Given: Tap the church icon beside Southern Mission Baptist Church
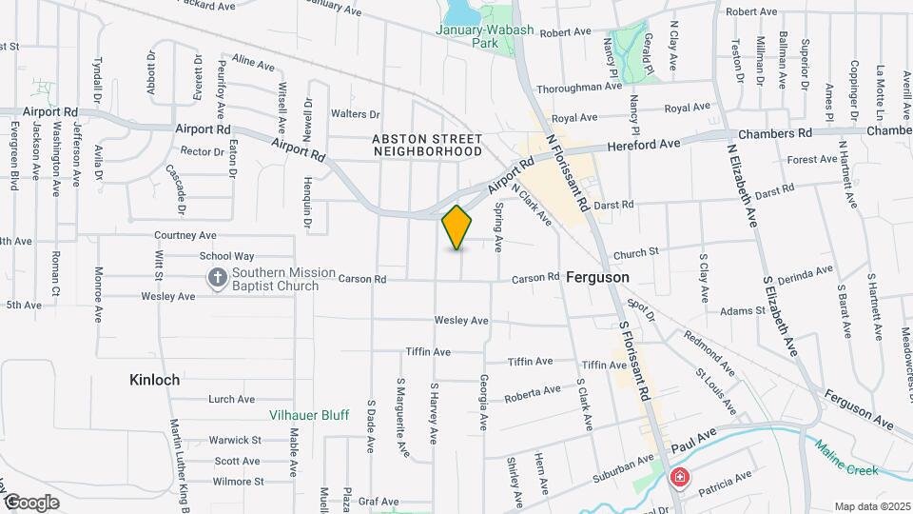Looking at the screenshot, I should (218, 278).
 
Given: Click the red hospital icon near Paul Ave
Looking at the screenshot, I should (680, 478).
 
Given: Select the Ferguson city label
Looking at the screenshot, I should (596, 277).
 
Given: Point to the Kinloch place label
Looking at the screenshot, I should (154, 379).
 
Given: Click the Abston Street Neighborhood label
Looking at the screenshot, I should (427, 145).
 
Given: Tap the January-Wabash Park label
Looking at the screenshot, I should (480, 36).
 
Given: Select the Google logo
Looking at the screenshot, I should (31, 502).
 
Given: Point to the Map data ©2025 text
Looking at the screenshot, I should (871, 505).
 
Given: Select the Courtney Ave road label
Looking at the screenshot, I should (185, 235).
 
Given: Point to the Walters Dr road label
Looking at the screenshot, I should (355, 114).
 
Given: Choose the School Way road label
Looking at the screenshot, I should (226, 256).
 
